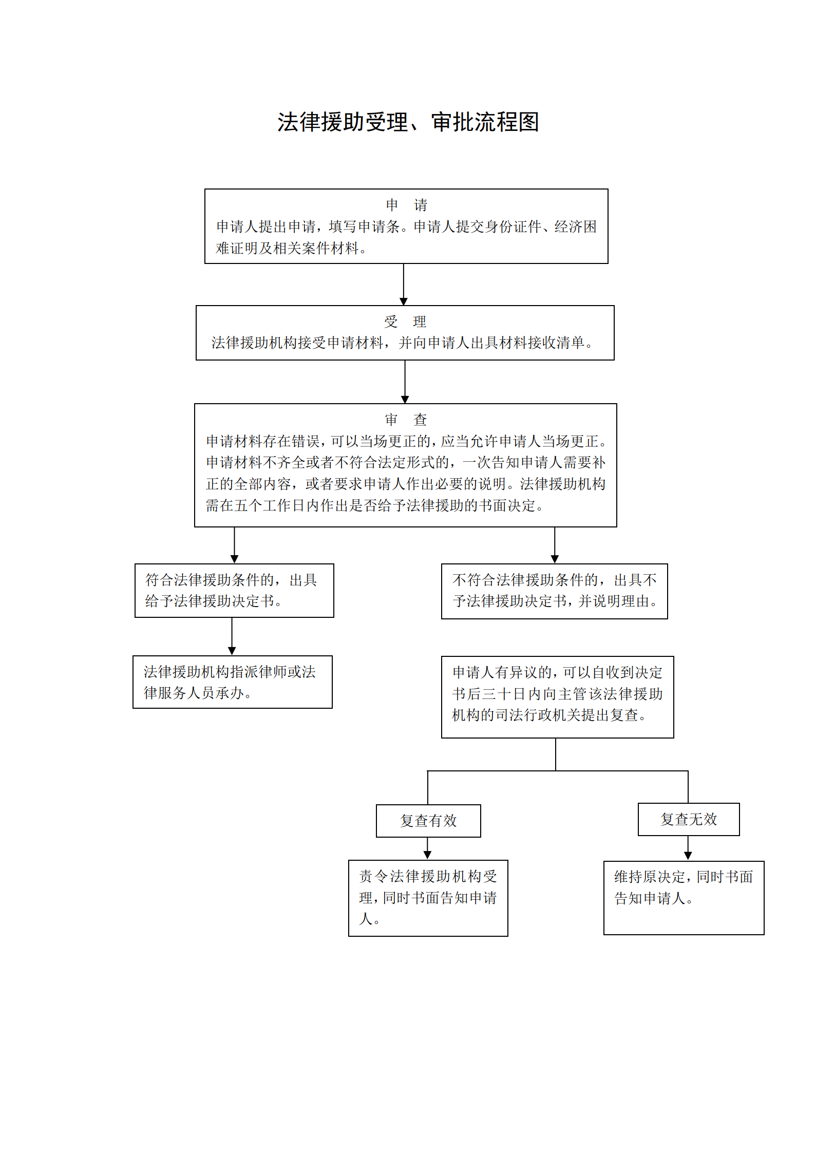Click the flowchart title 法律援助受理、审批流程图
(x=408, y=122)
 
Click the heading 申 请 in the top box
(x=406, y=205)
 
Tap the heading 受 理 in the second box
(x=405, y=322)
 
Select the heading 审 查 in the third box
(x=406, y=420)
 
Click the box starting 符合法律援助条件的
(x=234, y=591)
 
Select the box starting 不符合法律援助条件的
(x=554, y=591)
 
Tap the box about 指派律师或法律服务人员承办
(x=232, y=682)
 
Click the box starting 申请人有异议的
(x=557, y=697)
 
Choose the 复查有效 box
(x=428, y=821)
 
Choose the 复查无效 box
(x=688, y=819)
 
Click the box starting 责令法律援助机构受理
(x=428, y=898)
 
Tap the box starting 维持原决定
(x=684, y=898)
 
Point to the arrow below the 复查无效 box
(x=688, y=848)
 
